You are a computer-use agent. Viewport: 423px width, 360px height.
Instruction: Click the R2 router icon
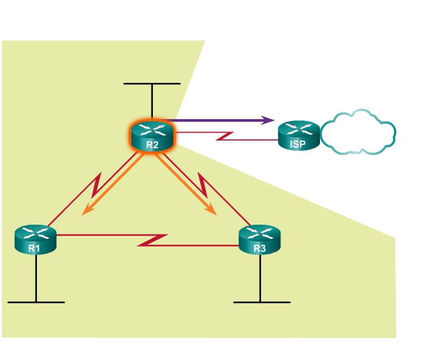coord(152,135)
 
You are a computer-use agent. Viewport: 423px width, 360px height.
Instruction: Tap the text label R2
coord(152,144)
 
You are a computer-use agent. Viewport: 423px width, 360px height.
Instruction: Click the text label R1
coord(35,249)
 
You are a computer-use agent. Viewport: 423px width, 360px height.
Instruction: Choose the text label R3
coord(260,249)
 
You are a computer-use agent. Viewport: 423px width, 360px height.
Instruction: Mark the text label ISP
coord(298,144)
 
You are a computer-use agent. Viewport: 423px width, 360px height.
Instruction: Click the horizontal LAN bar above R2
coord(152,84)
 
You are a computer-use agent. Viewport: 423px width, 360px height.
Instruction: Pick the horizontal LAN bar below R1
coord(36,302)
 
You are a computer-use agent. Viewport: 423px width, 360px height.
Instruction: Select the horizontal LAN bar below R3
coord(261,302)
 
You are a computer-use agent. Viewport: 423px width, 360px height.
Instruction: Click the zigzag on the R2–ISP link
coord(228,136)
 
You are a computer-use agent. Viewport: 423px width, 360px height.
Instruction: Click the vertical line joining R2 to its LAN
coord(152,102)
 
